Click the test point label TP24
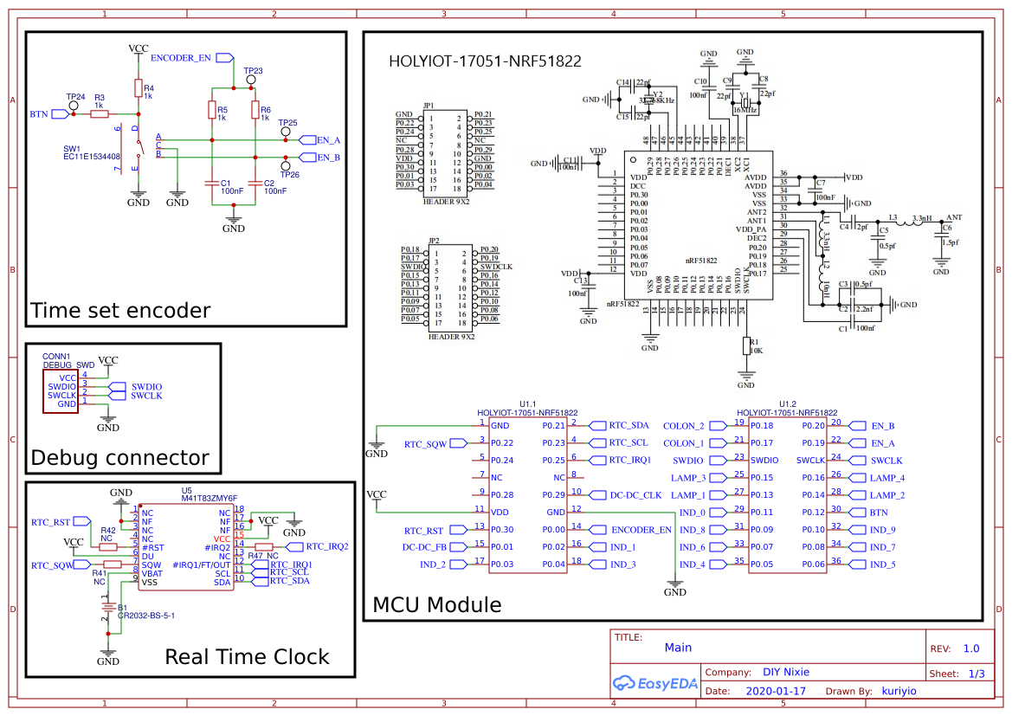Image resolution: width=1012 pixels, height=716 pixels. coord(75,97)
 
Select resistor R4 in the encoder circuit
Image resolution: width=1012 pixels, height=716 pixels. coord(138,87)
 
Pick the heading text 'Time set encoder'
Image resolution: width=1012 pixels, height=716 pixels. coord(120,311)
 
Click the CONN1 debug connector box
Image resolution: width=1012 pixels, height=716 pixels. coord(61,390)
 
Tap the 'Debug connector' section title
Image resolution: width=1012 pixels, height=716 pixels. coord(119,457)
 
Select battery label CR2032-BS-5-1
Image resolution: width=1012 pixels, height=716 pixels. coord(146,616)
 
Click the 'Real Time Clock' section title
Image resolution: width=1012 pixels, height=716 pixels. coord(247,656)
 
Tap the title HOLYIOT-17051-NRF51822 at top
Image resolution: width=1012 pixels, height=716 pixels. coord(485,61)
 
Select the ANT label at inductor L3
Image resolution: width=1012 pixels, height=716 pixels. coord(954,217)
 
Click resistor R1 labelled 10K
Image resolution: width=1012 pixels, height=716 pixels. coord(746,346)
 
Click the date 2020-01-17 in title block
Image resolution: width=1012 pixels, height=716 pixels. coord(775,691)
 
